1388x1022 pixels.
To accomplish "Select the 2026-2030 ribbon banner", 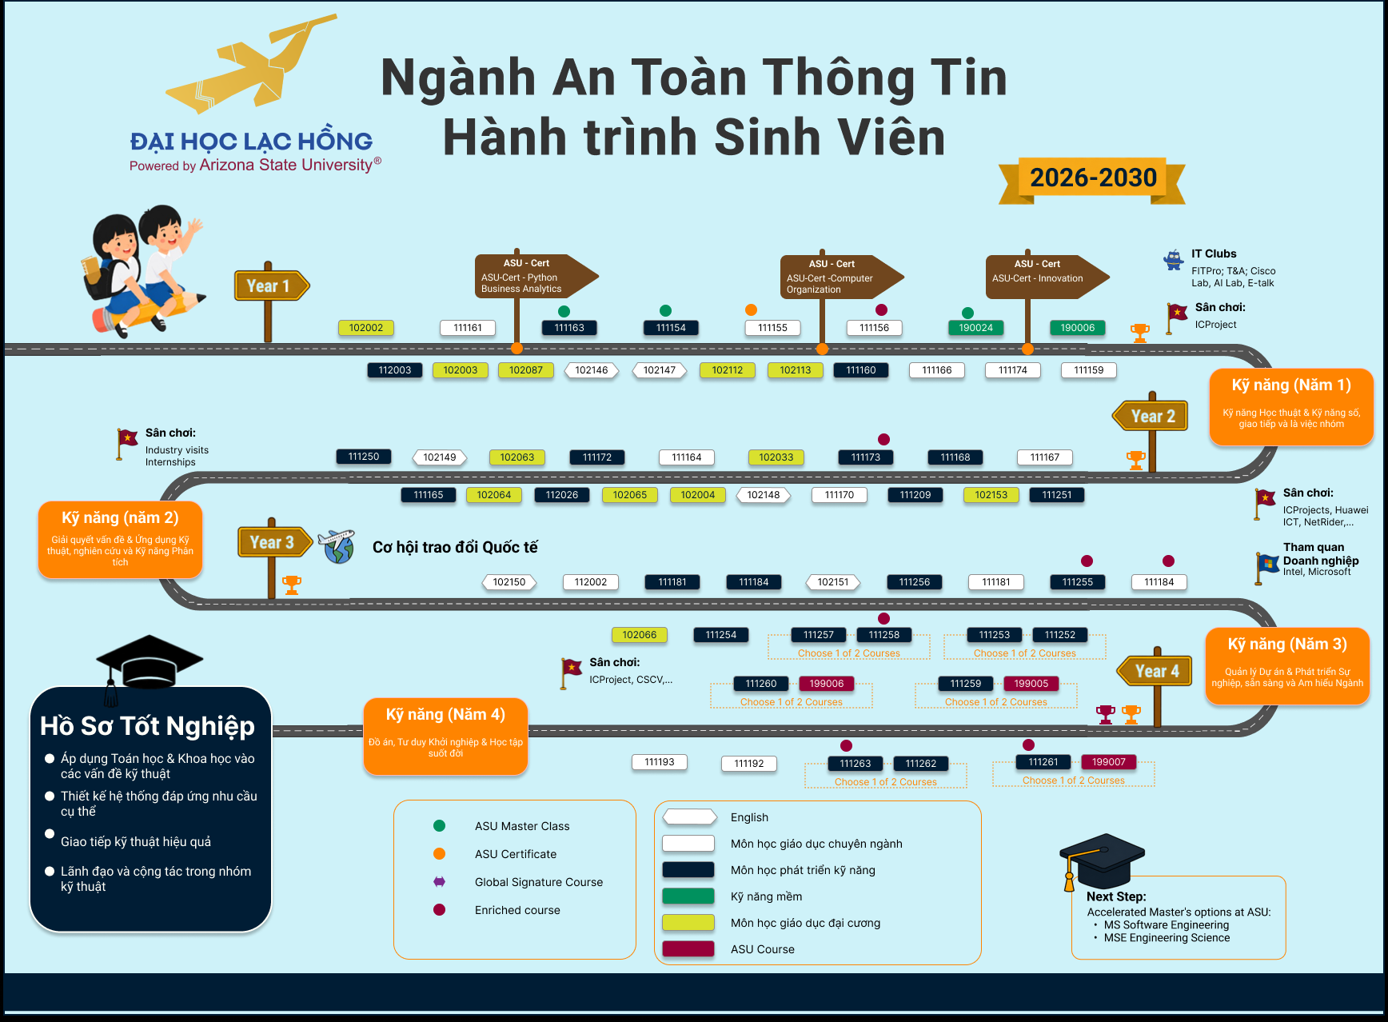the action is [x=1092, y=178].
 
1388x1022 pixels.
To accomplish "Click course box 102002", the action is [x=366, y=328].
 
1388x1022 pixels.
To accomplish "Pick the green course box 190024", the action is [x=976, y=328].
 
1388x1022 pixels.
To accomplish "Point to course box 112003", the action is [x=395, y=370].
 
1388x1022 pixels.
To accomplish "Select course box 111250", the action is [x=364, y=457].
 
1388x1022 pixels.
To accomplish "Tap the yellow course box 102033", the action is [x=776, y=457].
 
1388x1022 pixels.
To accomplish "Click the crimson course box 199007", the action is [x=1109, y=762].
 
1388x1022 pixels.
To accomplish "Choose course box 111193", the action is [x=660, y=762].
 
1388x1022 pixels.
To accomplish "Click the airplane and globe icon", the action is [x=337, y=546].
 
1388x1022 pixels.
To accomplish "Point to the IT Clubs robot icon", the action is [x=1173, y=260].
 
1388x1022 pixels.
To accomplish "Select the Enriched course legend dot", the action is [x=439, y=910].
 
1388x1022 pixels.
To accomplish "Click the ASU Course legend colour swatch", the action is [x=688, y=949].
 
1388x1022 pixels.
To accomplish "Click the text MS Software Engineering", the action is [x=1167, y=925].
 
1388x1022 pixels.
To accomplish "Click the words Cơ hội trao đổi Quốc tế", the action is [x=455, y=547].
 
